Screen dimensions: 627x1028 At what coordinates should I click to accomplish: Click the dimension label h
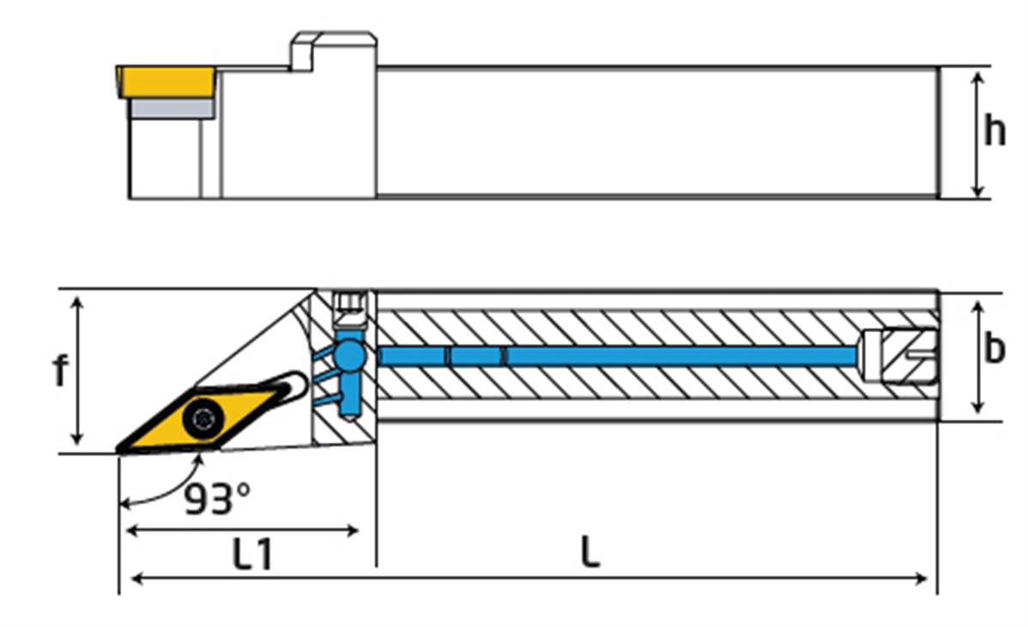(995, 131)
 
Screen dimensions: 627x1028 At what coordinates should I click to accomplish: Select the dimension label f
(59, 371)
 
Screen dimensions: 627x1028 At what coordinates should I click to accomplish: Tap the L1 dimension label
(253, 555)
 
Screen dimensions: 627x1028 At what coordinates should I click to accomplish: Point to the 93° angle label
(217, 498)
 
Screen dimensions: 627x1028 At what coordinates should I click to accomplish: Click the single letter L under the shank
(589, 553)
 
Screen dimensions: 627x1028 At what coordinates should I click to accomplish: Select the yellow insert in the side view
(166, 81)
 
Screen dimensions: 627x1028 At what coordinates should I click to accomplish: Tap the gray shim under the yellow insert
(171, 108)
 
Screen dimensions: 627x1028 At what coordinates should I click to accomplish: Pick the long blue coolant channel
(618, 355)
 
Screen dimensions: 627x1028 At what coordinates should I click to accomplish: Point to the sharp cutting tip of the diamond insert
(121, 449)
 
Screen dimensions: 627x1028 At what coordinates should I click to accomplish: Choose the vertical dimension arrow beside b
(977, 356)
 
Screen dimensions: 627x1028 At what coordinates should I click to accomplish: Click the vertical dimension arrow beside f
(78, 371)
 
